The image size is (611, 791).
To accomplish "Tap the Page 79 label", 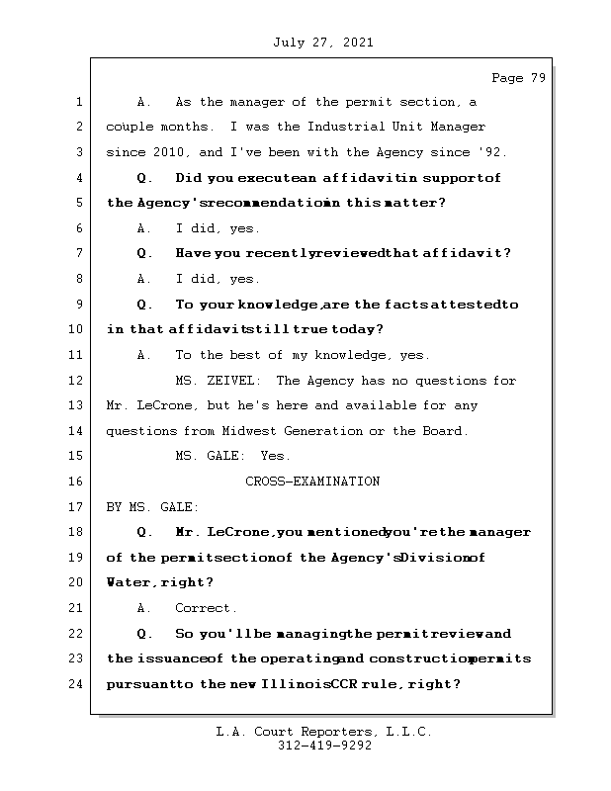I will (518, 78).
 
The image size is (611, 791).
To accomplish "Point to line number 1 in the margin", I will (80, 102).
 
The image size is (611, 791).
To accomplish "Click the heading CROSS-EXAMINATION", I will (312, 482).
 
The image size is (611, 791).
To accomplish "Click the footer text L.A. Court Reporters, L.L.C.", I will (324, 732).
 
